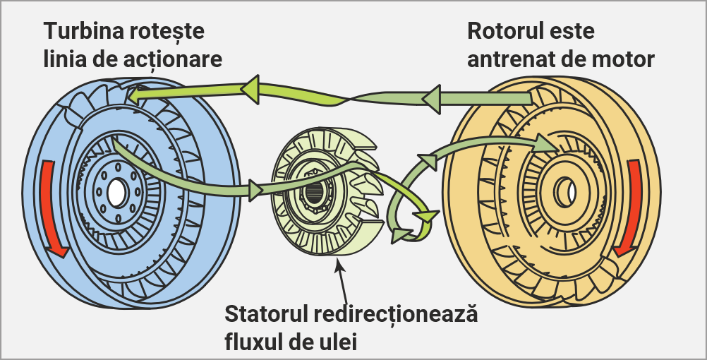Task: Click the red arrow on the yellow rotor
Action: pyautogui.click(x=629, y=208)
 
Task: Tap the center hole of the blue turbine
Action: pyautogui.click(x=116, y=191)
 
